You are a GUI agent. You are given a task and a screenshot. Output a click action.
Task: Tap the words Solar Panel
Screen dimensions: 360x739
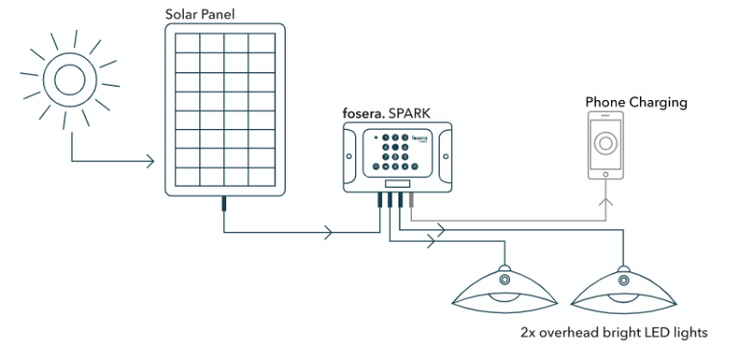[199, 13]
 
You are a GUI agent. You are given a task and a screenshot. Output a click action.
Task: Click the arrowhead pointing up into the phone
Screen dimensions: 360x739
[607, 201]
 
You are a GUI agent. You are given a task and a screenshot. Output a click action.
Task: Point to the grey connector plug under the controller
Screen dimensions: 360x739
[412, 199]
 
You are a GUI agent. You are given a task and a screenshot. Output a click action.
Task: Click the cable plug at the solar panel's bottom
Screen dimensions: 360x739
[223, 203]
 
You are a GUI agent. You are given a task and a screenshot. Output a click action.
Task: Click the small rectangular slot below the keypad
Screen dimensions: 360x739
[395, 183]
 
